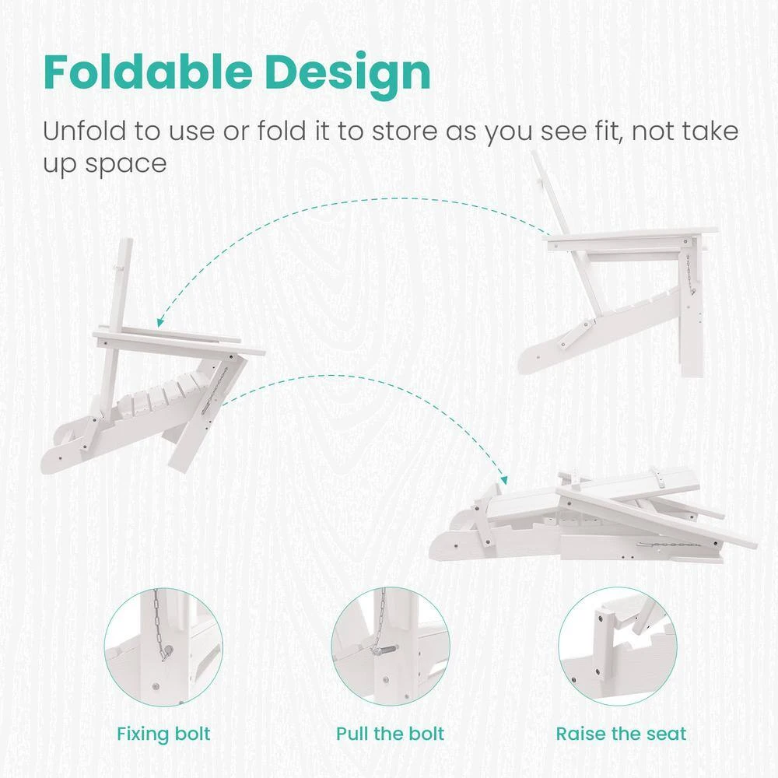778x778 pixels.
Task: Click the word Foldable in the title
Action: (x=148, y=72)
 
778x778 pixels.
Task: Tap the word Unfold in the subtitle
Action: (x=84, y=131)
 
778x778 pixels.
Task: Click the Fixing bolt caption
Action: (x=163, y=734)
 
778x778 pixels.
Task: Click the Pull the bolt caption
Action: (x=390, y=734)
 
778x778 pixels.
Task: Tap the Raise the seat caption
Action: (x=621, y=734)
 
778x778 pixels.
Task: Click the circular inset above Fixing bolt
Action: (x=163, y=647)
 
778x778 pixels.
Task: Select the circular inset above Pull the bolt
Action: (x=391, y=647)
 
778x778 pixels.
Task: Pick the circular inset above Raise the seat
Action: (x=618, y=647)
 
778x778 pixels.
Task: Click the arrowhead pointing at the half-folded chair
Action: (x=160, y=322)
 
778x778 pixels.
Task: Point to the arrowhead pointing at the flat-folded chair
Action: (x=504, y=480)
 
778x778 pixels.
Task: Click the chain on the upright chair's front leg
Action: (x=689, y=275)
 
